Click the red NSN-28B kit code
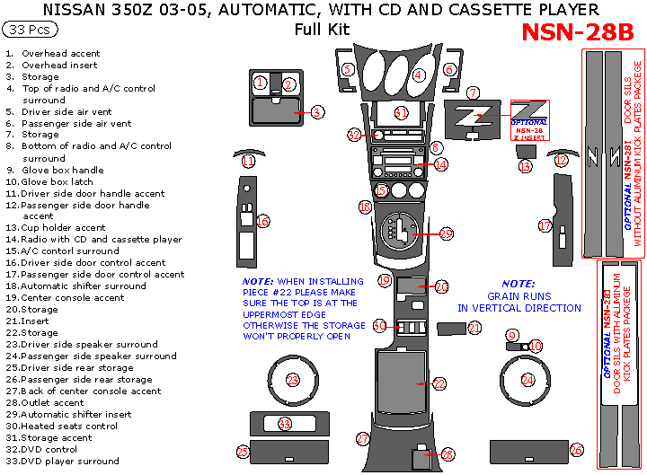(577, 32)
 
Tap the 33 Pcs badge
(30, 30)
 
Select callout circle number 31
(402, 112)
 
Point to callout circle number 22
(439, 383)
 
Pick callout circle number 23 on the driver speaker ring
(292, 380)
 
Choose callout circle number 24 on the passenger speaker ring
(527, 380)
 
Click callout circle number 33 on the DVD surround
(285, 423)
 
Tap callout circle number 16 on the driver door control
(262, 221)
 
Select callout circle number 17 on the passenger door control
(545, 225)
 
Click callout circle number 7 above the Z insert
(473, 92)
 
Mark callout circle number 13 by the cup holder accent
(526, 166)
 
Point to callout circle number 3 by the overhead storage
(317, 112)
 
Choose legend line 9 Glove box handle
(63, 170)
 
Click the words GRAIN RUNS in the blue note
(517, 295)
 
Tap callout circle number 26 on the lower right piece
(577, 449)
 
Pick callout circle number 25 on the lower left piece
(243, 451)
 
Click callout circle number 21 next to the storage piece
(474, 329)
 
